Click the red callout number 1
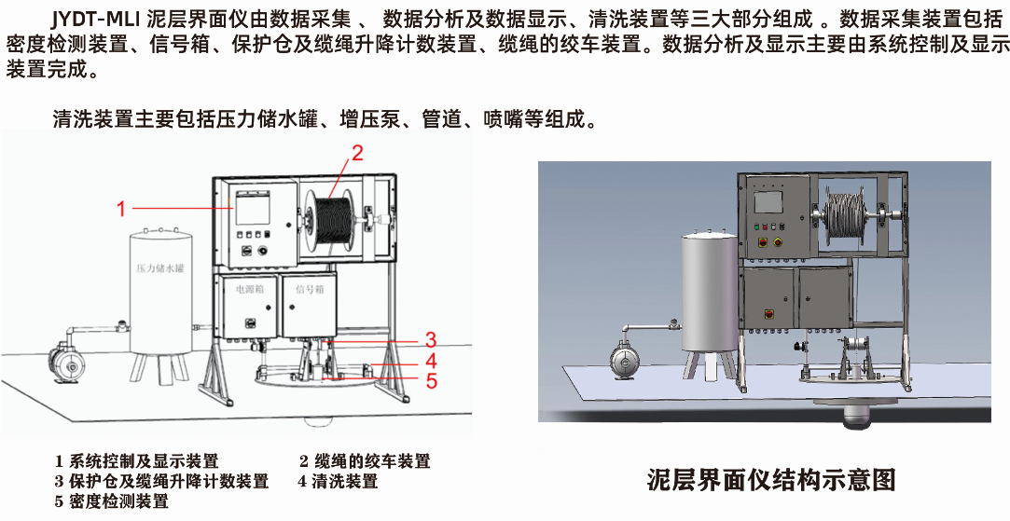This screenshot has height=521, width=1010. click(x=120, y=210)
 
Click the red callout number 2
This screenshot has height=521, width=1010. click(x=355, y=151)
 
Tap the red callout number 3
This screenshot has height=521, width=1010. click(x=431, y=338)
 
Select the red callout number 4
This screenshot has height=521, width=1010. click(x=431, y=361)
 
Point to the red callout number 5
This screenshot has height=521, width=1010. click(x=431, y=380)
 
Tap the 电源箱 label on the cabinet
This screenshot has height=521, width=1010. click(x=250, y=290)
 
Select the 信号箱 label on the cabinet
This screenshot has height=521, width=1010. click(x=309, y=290)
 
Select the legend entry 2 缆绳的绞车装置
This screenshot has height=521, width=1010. click(x=365, y=460)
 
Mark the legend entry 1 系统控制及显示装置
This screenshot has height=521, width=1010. click(x=137, y=460)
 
